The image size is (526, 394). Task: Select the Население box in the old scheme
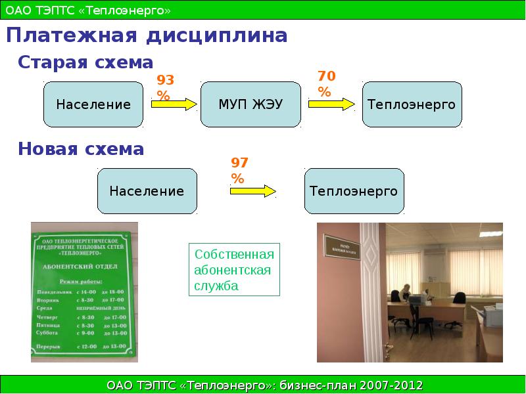click(93, 104)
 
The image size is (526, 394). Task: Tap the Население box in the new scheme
click(147, 191)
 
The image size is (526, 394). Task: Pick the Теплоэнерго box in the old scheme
click(412, 104)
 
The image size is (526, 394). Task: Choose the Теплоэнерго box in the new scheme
click(354, 191)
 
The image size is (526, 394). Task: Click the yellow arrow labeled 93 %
click(174, 104)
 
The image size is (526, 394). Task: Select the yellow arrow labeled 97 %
click(253, 190)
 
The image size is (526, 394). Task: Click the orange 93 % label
click(164, 88)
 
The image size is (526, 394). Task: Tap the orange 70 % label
click(326, 84)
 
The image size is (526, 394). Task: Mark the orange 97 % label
click(239, 170)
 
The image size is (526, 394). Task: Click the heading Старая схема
click(85, 62)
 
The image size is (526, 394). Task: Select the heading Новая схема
click(81, 149)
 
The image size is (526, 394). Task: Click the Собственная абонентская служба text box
click(234, 270)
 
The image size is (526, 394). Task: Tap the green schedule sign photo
click(84, 292)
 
